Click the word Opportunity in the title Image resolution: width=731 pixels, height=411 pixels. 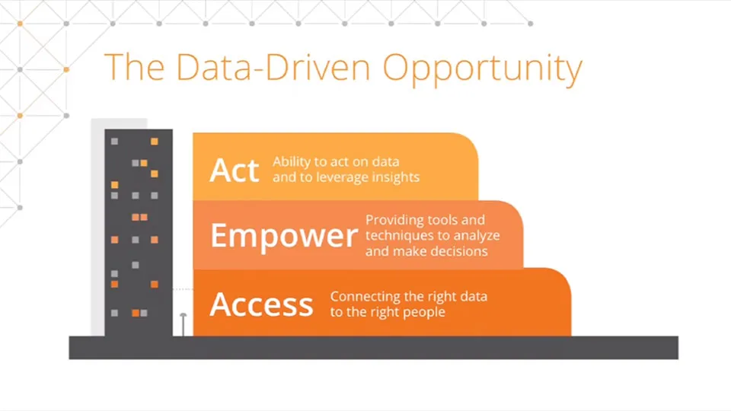tap(483, 69)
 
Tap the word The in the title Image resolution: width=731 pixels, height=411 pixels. tap(134, 67)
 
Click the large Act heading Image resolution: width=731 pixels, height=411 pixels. tap(234, 170)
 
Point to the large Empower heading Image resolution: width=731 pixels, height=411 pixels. tap(284, 236)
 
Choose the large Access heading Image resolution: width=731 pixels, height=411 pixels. tap(261, 304)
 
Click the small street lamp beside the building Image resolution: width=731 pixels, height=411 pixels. tap(184, 324)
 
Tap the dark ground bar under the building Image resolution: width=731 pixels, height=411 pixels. tap(373, 348)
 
